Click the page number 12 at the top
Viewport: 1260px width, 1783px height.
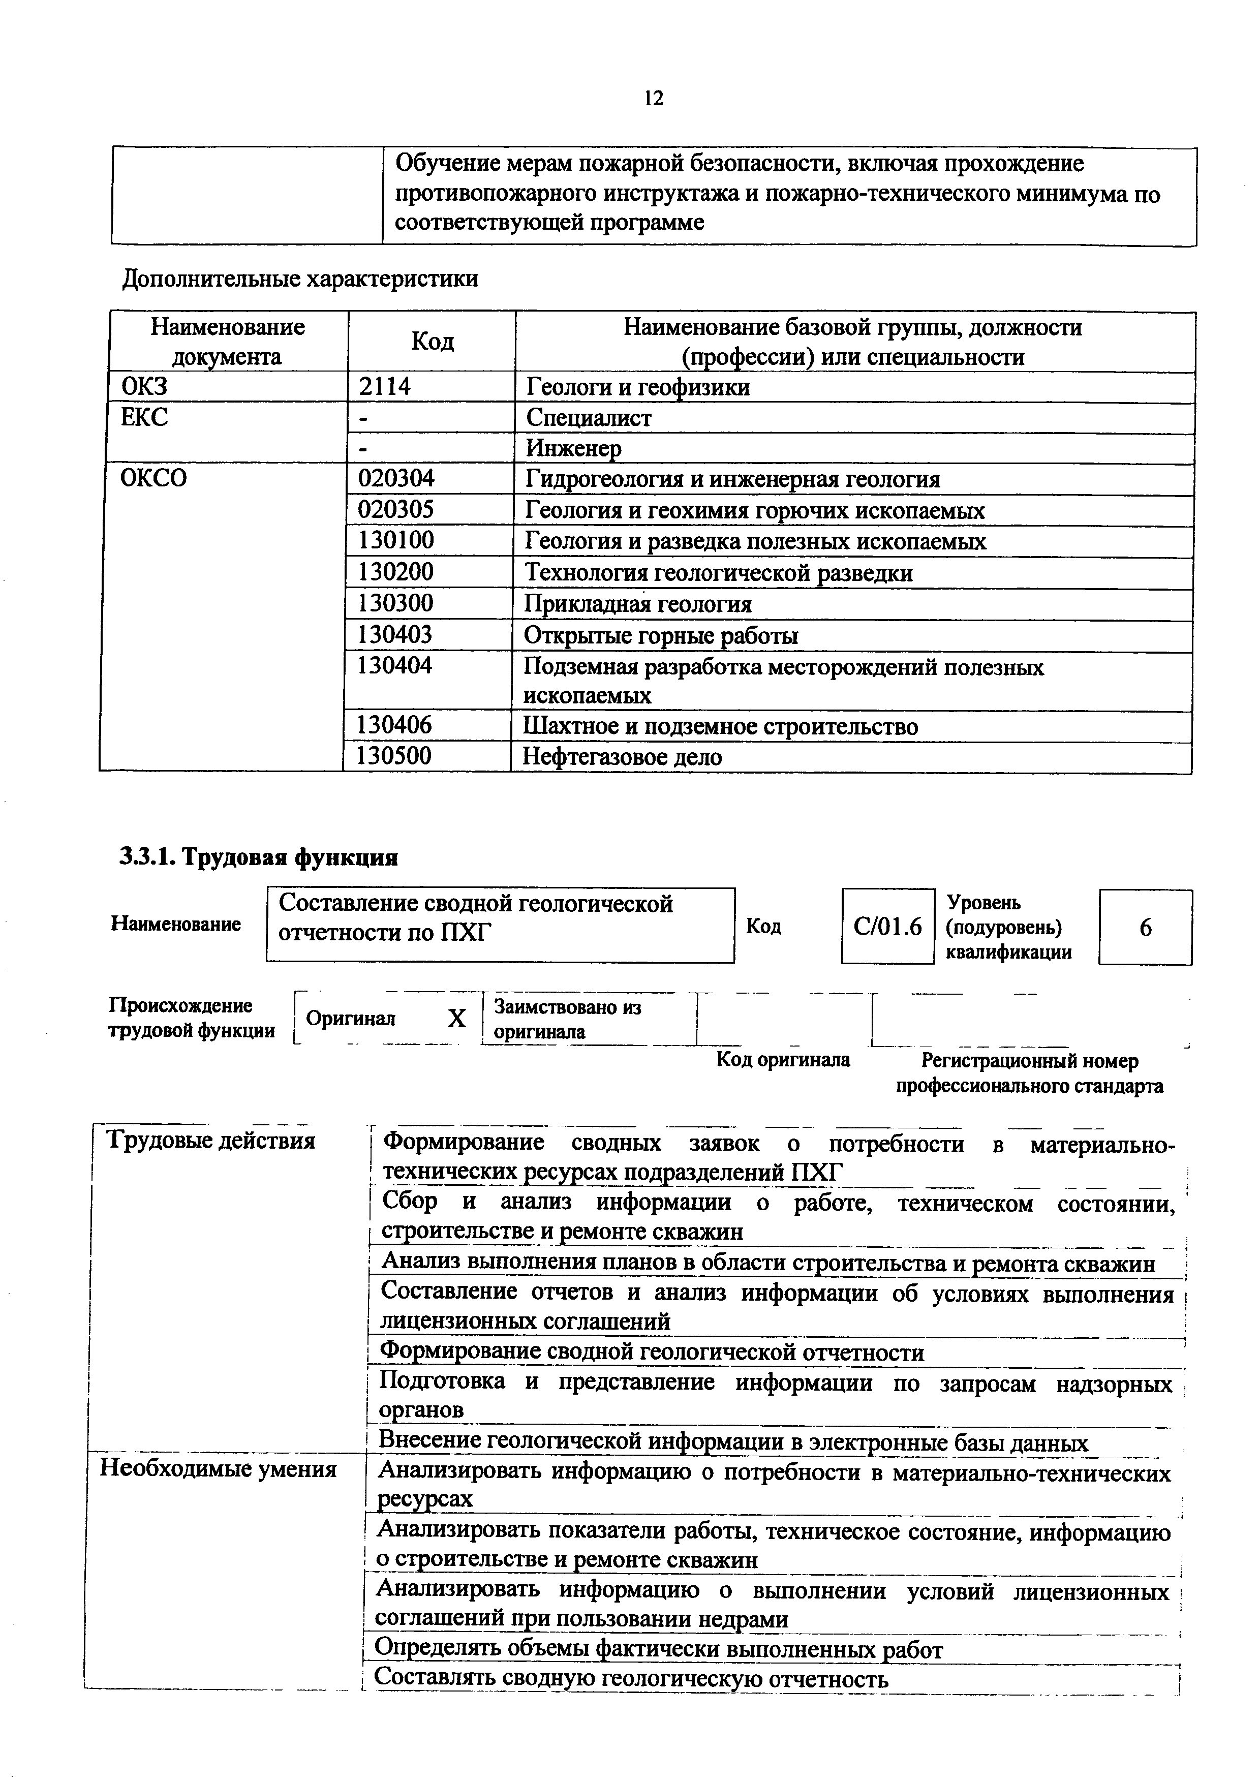coord(654,98)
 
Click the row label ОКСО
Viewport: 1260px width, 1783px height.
coord(153,478)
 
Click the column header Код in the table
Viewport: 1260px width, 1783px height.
coord(432,341)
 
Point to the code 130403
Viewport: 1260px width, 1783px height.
coord(394,634)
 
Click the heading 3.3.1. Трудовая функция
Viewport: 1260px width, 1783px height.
coord(259,857)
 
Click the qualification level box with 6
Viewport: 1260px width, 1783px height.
coord(1145,927)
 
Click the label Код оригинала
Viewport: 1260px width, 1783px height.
coord(783,1059)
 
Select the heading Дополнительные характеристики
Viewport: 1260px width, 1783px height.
coord(300,278)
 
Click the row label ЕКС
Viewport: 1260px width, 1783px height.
coord(144,417)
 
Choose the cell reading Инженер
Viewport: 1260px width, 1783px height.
coord(574,448)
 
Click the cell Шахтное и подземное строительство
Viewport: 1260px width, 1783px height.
coord(720,726)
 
